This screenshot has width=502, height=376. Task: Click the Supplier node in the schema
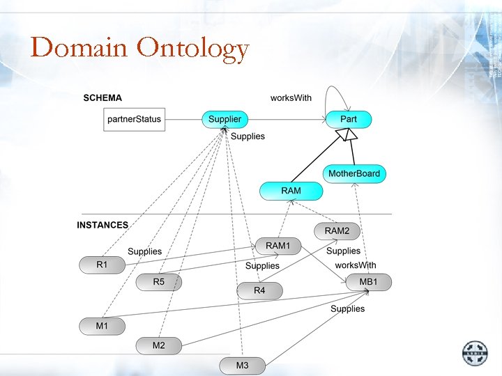pyautogui.click(x=225, y=120)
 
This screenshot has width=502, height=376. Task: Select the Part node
pyautogui.click(x=349, y=120)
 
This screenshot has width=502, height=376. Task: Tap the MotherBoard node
pyautogui.click(x=354, y=173)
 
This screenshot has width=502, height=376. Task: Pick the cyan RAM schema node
pyautogui.click(x=291, y=190)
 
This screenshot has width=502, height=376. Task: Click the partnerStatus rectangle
pyautogui.click(x=134, y=120)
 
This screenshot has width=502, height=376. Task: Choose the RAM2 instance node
pyautogui.click(x=337, y=230)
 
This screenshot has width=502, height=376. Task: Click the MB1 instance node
pyautogui.click(x=368, y=282)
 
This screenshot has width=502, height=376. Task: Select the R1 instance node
pyautogui.click(x=102, y=265)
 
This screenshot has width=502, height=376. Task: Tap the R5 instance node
pyautogui.click(x=159, y=282)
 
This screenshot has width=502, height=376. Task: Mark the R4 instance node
pyautogui.click(x=259, y=290)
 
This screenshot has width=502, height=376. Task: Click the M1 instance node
pyautogui.click(x=102, y=325)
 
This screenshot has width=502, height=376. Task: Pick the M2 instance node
pyautogui.click(x=159, y=345)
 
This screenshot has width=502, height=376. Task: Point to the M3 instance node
pyautogui.click(x=242, y=365)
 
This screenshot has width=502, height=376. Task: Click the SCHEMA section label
pyautogui.click(x=102, y=98)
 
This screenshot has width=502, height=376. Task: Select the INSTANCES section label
pyautogui.click(x=102, y=225)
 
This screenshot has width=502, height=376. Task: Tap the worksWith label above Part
pyautogui.click(x=291, y=98)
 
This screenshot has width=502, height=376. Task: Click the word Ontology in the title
pyautogui.click(x=193, y=48)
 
